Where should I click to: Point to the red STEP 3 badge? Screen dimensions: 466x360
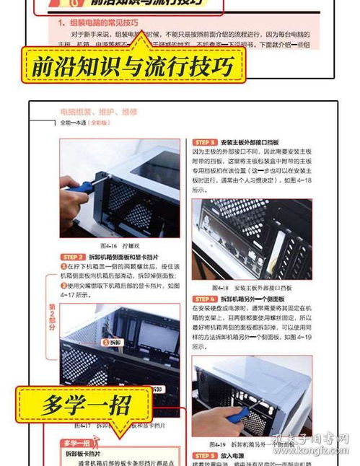coord(204,143)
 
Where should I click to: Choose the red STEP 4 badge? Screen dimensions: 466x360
coord(204,299)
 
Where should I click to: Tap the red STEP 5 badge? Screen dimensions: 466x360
coord(204,456)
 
